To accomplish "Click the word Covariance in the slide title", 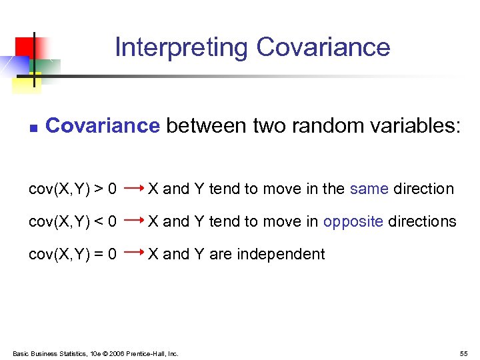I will pyautogui.click(x=323, y=47).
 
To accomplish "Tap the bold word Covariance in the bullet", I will pyautogui.click(x=103, y=125).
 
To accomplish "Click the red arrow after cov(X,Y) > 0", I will pyautogui.click(x=135, y=189).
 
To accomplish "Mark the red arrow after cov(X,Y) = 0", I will pyautogui.click(x=135, y=253).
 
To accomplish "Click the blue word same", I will pyautogui.click(x=369, y=189).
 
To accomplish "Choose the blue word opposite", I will pyautogui.click(x=353, y=221).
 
